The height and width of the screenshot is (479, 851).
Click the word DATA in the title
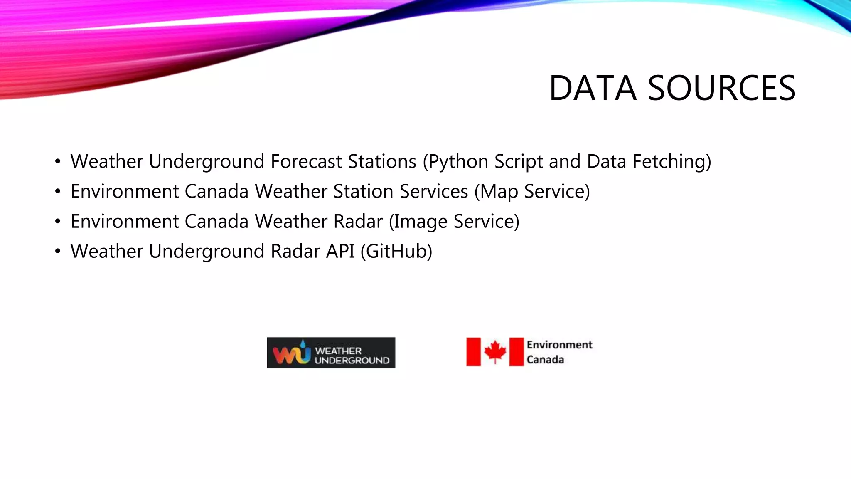point(593,88)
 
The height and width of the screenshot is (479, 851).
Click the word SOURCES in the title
point(722,88)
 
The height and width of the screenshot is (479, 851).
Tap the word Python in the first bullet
point(458,162)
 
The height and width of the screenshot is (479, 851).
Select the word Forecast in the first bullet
point(306,161)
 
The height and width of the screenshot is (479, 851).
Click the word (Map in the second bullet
point(496,192)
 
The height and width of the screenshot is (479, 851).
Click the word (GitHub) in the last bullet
point(396,252)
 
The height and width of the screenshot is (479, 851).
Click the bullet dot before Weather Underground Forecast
point(58,161)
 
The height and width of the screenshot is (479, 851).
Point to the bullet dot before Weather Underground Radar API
point(58,251)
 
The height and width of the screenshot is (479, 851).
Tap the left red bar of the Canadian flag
point(473,352)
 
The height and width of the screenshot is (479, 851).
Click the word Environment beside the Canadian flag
point(559,345)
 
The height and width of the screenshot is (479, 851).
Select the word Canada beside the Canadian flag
point(545,359)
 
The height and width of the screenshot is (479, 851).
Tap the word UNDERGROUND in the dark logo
point(352,360)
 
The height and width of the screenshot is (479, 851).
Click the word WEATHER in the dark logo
point(338,351)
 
